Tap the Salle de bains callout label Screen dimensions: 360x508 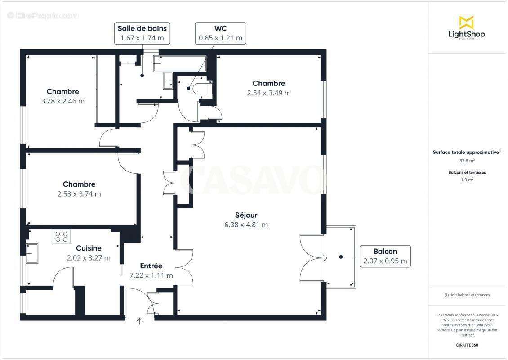click(x=142, y=33)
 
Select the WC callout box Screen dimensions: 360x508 click(x=221, y=33)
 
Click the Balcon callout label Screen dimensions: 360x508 click(x=385, y=256)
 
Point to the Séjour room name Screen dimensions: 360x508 click(x=246, y=215)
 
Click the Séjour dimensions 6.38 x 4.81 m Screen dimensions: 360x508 click(x=246, y=225)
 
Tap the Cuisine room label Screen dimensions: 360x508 click(x=89, y=248)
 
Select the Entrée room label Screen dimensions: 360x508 click(x=151, y=266)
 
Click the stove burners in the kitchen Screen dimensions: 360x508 click(x=62, y=237)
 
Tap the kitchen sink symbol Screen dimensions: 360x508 click(x=32, y=253)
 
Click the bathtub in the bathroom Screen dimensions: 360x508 click(x=179, y=63)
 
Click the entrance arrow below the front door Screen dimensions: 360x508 click(x=139, y=321)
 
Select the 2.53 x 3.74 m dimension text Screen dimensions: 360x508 click(x=79, y=194)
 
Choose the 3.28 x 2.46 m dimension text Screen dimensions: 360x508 click(x=62, y=101)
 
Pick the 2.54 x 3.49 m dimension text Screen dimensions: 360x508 click(x=269, y=93)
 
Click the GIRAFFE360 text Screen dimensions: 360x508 click(x=467, y=345)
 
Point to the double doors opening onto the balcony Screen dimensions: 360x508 click(x=311, y=258)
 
